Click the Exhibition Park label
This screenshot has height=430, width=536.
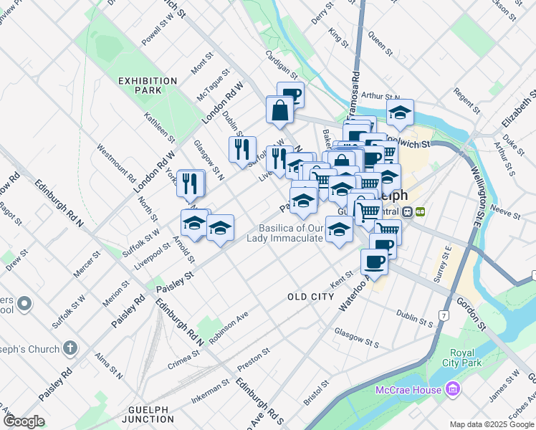tap(148, 86)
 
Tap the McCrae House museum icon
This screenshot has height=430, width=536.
tap(452, 390)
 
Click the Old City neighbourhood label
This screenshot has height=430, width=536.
tap(310, 296)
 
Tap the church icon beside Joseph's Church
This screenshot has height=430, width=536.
tap(69, 348)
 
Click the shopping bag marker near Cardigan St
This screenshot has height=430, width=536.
tap(279, 111)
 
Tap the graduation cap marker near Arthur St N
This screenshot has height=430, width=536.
tap(400, 112)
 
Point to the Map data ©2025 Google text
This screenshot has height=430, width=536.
tap(491, 424)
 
